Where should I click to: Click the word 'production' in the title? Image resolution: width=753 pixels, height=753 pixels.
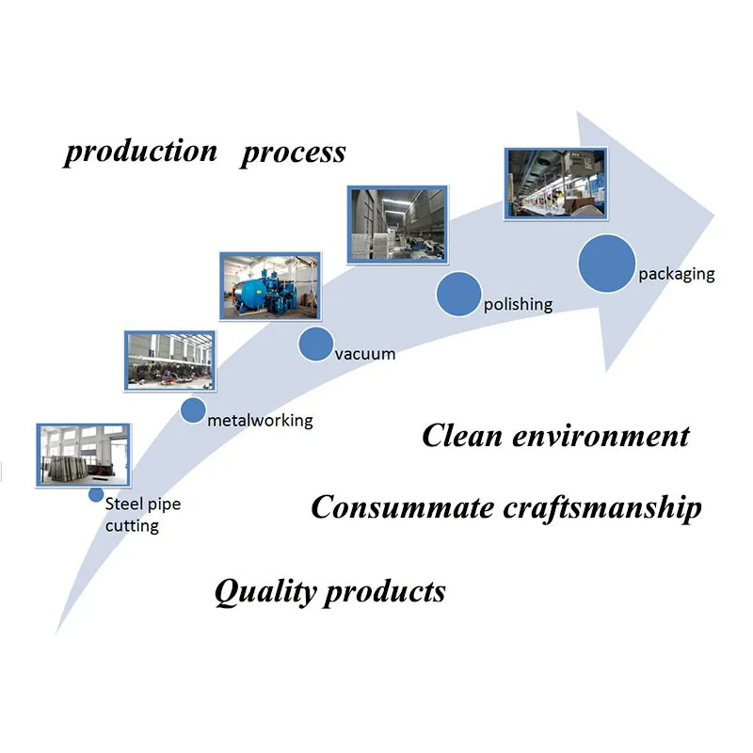(x=140, y=152)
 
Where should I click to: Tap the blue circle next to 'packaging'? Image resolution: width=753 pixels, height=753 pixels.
(x=606, y=264)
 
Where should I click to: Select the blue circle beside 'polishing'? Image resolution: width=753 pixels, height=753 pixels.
(x=458, y=294)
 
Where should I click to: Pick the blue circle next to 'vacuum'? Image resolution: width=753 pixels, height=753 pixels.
(x=315, y=344)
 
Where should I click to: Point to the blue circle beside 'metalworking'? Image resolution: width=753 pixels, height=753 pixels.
(x=193, y=410)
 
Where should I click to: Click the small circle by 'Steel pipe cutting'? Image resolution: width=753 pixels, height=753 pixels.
(x=96, y=495)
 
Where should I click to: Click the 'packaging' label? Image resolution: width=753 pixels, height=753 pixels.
(x=676, y=274)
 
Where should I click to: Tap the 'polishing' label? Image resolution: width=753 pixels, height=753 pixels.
(x=518, y=304)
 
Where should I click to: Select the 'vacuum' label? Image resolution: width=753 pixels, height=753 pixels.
(x=365, y=355)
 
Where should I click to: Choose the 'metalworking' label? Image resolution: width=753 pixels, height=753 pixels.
(x=260, y=421)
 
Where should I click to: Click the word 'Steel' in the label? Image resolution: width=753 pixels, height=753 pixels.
(x=124, y=504)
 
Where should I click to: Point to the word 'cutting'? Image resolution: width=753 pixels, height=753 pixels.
(x=132, y=526)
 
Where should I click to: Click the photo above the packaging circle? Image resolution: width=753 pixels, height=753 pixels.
(x=556, y=184)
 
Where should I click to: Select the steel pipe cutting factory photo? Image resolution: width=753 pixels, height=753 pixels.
(x=83, y=456)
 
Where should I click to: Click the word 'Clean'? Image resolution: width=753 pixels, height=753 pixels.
(x=462, y=436)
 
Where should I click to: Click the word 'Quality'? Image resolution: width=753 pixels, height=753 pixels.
(x=265, y=592)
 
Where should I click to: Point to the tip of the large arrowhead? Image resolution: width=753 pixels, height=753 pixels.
(x=715, y=216)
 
